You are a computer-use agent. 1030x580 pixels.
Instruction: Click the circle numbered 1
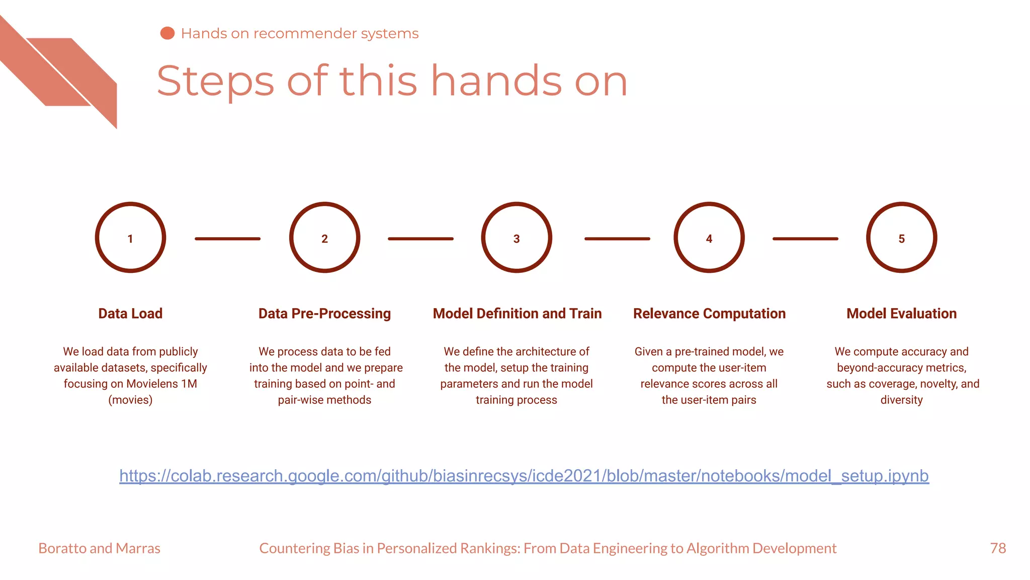tap(130, 238)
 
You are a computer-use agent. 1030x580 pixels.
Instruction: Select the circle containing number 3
tap(517, 238)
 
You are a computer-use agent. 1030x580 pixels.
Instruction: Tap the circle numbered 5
tap(901, 238)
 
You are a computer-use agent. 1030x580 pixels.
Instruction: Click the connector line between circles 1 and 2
tap(227, 239)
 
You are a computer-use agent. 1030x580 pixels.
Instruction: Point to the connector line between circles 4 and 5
tap(805, 239)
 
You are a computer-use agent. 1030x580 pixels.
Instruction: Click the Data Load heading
tap(130, 314)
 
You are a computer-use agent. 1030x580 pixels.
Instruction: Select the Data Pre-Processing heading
tap(324, 314)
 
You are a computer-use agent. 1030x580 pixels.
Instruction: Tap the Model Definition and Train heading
tap(517, 314)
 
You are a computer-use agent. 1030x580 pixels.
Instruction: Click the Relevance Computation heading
tap(709, 314)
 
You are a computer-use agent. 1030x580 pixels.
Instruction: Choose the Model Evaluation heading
tap(901, 314)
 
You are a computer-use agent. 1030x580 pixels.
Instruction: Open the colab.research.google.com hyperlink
tap(524, 476)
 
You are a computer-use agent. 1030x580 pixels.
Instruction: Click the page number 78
tap(998, 548)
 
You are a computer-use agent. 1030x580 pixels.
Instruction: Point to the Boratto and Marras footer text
tap(99, 548)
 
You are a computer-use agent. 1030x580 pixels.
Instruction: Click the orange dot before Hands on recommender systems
tap(167, 33)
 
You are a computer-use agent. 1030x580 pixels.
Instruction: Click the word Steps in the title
tap(215, 82)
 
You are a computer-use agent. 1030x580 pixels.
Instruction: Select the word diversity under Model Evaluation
tap(901, 400)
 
